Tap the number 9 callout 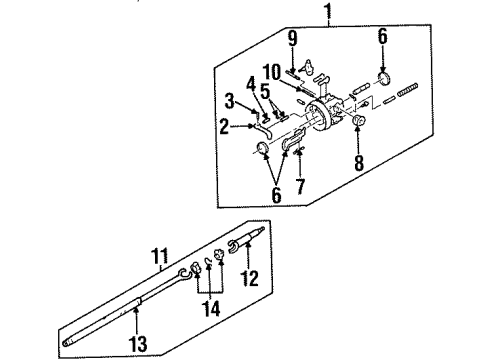(292, 41)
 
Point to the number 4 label (252, 82)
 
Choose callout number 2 (224, 127)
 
